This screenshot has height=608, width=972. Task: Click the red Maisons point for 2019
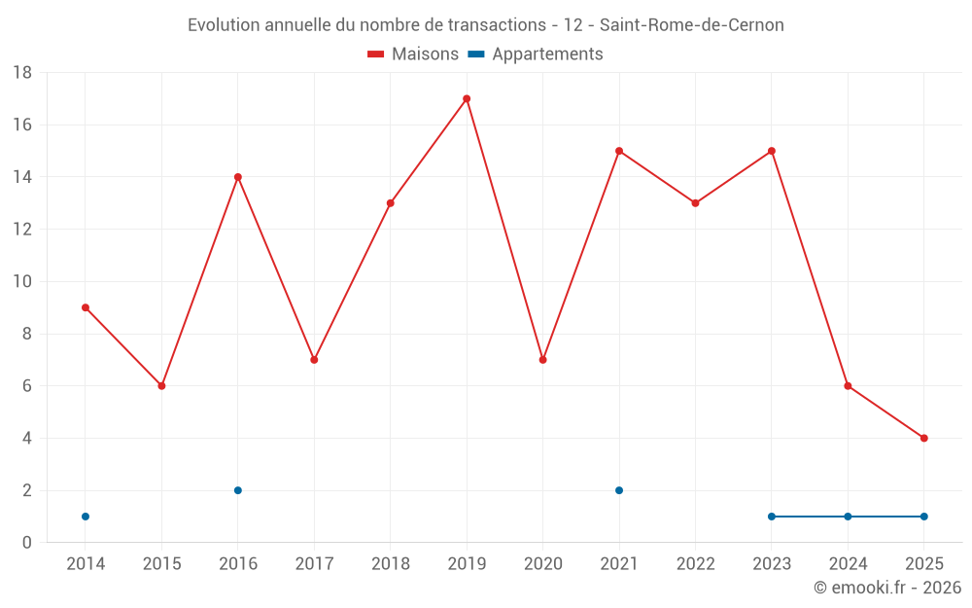click(467, 98)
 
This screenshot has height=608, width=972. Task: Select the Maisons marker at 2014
click(86, 307)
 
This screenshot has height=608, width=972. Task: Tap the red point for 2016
click(238, 177)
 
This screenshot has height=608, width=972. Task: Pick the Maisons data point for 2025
click(923, 438)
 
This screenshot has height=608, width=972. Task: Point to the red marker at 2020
click(542, 360)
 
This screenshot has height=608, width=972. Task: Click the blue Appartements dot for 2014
click(86, 517)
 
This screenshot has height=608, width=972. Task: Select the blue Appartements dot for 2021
click(619, 490)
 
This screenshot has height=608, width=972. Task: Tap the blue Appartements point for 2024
click(848, 517)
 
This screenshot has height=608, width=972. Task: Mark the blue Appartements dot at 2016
click(238, 490)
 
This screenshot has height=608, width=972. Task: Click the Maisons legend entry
click(413, 54)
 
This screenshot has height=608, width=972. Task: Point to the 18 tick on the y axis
click(22, 73)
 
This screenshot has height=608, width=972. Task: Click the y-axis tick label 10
click(22, 282)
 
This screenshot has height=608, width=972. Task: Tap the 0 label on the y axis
click(27, 543)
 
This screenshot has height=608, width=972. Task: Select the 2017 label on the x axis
click(314, 564)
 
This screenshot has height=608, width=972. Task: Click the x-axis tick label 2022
click(695, 564)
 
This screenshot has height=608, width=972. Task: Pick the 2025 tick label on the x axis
click(923, 564)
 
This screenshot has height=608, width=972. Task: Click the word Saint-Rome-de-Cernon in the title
click(698, 25)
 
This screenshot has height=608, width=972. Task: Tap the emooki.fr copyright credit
click(887, 588)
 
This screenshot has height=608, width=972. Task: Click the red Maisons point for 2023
click(772, 151)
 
